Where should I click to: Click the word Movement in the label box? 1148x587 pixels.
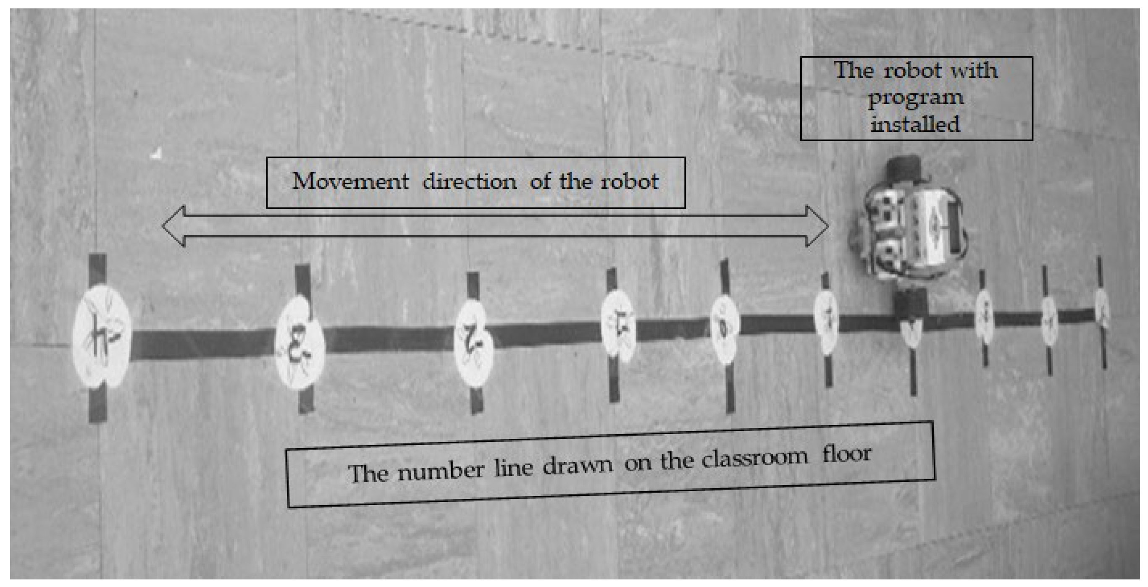point(350,182)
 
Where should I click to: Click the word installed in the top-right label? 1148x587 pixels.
point(915,124)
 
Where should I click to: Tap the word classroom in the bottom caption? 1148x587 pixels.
point(754,458)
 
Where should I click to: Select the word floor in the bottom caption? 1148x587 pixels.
point(847,454)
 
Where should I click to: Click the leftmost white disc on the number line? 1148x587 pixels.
point(102,337)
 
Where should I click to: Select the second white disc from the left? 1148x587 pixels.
point(299,343)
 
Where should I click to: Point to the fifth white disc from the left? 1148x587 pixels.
point(725,330)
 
